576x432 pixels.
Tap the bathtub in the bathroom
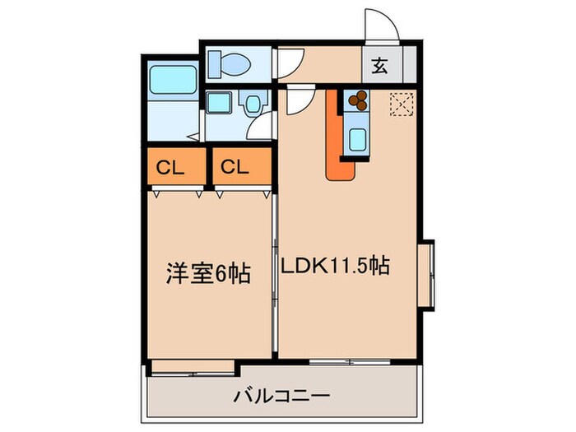173,79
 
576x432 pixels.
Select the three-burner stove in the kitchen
357,100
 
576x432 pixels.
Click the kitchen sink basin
357,141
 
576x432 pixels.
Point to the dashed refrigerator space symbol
402,105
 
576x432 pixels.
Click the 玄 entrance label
379,67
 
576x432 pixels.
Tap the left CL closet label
170,169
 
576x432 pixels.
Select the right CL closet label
235,168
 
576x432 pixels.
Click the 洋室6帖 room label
208,273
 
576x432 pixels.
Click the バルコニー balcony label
281,397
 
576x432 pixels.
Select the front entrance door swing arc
382,23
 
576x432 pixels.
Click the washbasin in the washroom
252,104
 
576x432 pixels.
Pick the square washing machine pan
220,102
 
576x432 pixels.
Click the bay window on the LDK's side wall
427,276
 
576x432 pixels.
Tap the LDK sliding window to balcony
350,362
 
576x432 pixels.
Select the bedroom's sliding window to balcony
193,374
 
